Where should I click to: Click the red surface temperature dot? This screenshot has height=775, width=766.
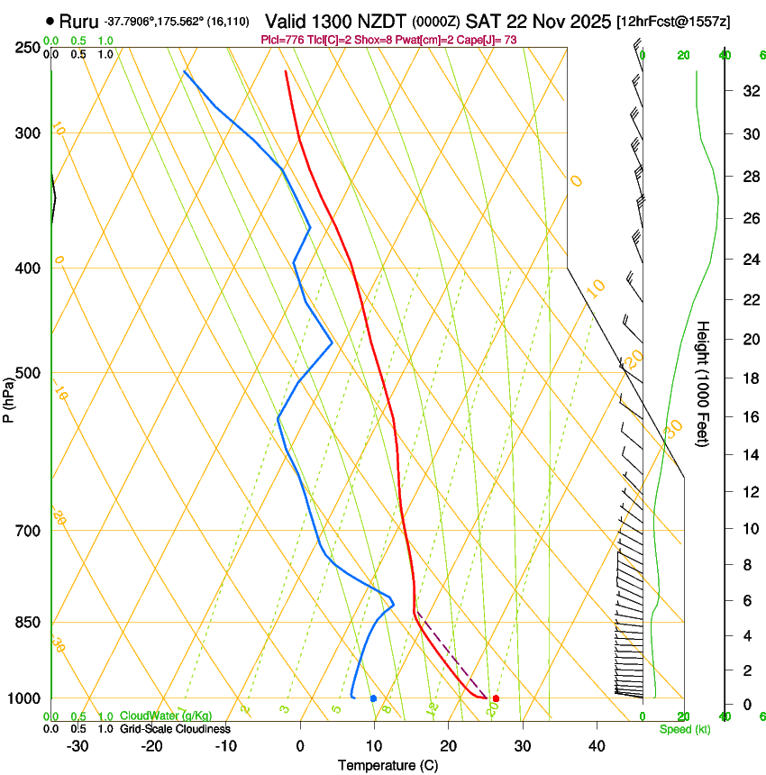tap(496, 698)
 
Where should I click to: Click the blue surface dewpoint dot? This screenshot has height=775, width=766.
tap(373, 698)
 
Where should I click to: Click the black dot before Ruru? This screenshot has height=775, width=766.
tap(49, 20)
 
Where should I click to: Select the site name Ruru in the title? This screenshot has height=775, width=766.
tap(78, 20)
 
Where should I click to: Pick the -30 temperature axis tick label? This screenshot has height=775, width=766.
tap(78, 745)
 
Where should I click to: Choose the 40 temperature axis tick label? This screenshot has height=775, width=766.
tap(597, 745)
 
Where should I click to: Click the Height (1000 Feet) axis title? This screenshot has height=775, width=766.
tap(704, 383)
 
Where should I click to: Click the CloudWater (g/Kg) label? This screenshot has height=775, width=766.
tap(167, 716)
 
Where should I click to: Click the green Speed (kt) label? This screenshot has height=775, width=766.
tap(684, 729)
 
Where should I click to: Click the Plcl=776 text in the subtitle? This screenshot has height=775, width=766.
tap(282, 40)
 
